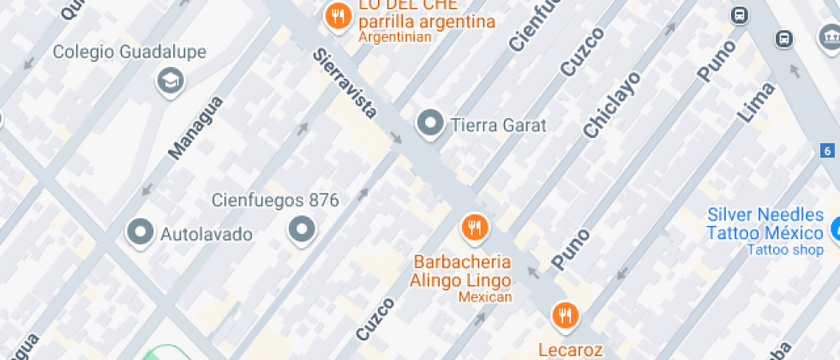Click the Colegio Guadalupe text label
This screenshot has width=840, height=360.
coord(129,52)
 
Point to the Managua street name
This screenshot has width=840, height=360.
coord(195,128)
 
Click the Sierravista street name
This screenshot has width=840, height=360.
coord(345,83)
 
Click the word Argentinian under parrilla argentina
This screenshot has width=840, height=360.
coord(394,37)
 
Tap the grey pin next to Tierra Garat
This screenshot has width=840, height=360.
coord(429,123)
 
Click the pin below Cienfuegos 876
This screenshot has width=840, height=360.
coord(301,229)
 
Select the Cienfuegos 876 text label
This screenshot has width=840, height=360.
coord(275,201)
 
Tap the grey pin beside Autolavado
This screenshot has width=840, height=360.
coord(139,231)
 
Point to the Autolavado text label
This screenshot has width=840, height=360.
coord(207,233)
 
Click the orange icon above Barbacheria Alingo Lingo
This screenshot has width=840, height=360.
coord(474,228)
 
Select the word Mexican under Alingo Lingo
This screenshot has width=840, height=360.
coord(484,297)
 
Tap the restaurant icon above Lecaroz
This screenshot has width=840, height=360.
coord(564,316)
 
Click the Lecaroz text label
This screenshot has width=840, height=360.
coord(571,349)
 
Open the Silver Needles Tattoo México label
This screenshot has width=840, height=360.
coord(765,225)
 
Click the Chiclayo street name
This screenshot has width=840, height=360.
coord(612,105)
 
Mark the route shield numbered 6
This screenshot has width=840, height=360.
coord(827,151)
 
